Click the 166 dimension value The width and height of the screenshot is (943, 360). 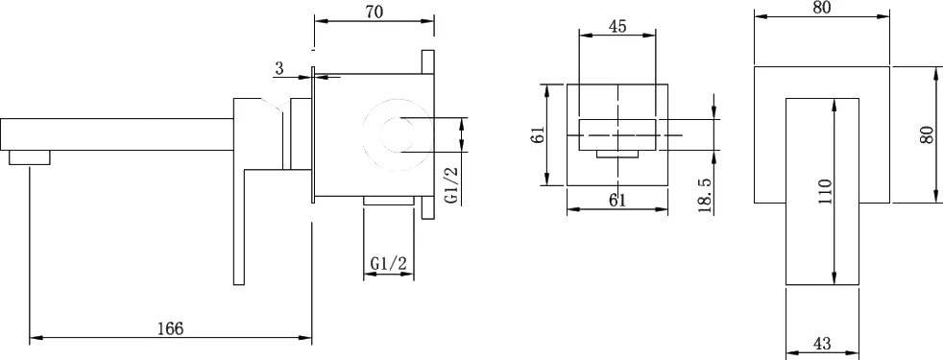[170, 328]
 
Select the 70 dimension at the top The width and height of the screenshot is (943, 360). [375, 12]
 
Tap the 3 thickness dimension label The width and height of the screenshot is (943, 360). [279, 68]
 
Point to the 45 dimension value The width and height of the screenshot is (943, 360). [617, 27]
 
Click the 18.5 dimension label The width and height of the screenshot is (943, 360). [706, 195]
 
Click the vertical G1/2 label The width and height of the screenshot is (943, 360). [452, 184]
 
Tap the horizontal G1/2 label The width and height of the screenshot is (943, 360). [389, 263]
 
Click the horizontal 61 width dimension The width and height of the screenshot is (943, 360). [617, 201]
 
